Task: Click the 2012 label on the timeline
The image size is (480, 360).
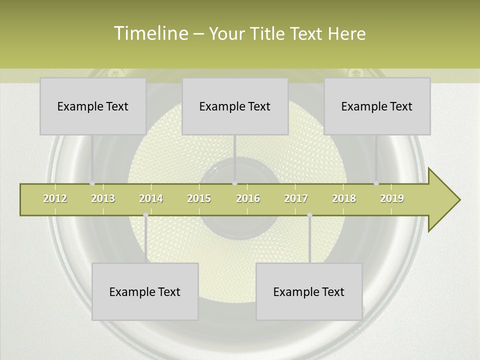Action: [x=55, y=198]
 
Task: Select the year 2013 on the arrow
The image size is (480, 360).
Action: [x=103, y=198]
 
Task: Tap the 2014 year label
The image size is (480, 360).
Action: [x=151, y=198]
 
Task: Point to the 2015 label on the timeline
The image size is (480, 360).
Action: [x=199, y=198]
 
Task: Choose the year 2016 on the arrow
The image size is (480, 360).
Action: [x=248, y=198]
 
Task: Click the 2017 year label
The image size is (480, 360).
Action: [x=296, y=198]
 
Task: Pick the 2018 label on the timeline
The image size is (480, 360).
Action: [x=344, y=198]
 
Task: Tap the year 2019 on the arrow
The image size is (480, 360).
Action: [x=392, y=198]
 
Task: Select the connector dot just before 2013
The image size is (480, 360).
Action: [x=92, y=183]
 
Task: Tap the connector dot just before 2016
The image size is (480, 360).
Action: [x=234, y=183]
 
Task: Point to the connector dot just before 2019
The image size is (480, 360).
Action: [x=376, y=183]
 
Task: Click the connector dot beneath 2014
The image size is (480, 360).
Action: [x=145, y=215]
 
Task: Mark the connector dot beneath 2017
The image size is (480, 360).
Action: [x=309, y=215]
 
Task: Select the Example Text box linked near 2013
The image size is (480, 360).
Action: [x=93, y=106]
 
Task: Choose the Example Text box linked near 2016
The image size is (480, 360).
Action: [x=235, y=106]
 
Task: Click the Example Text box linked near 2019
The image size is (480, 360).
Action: [x=377, y=106]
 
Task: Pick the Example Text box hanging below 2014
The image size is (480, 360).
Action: [x=145, y=291]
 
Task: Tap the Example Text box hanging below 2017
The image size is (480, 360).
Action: [x=309, y=291]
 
